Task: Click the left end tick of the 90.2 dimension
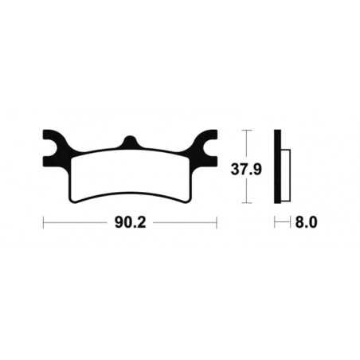[x=44, y=224]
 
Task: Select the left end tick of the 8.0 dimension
[x=276, y=224]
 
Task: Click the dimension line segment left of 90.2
[x=76, y=224]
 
